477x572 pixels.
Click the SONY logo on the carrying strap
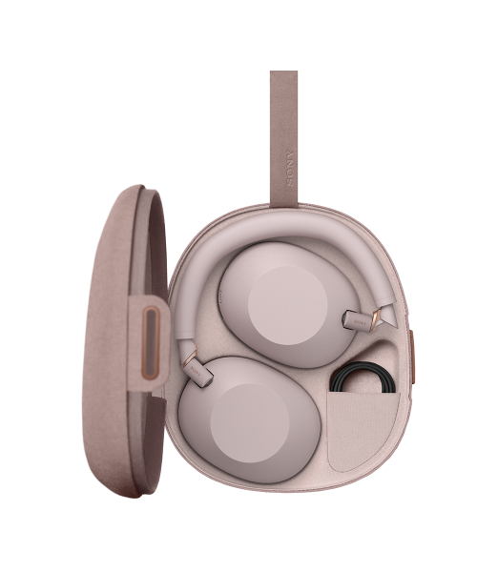(289, 168)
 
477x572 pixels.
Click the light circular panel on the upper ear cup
(287, 306)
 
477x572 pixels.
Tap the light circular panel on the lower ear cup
(249, 423)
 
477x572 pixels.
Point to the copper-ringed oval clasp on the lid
(151, 343)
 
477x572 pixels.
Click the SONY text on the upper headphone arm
(360, 323)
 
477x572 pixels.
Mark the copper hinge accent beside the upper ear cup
(375, 319)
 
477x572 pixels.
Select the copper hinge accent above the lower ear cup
(189, 358)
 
